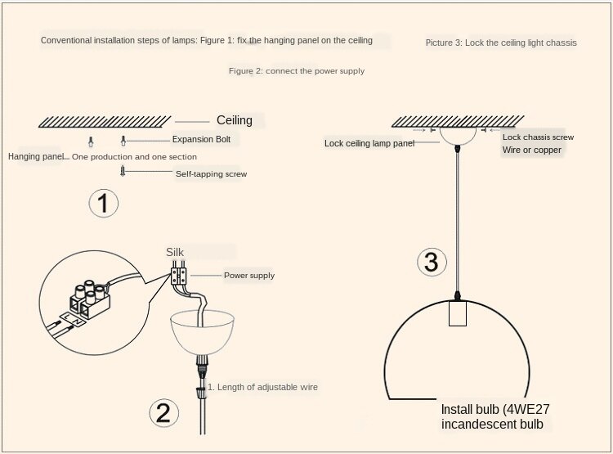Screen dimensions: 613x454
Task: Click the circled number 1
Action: click(x=103, y=203)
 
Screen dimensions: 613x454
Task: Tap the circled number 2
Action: click(x=163, y=413)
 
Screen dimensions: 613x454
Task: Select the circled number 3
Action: click(x=432, y=262)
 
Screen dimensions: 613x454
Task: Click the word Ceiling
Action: click(x=235, y=120)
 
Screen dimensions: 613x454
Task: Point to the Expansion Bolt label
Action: click(x=201, y=139)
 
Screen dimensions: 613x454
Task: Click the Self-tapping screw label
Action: click(x=211, y=173)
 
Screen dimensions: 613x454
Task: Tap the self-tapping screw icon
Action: click(x=123, y=171)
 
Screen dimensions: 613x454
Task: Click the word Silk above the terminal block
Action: click(x=175, y=252)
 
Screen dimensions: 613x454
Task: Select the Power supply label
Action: click(x=249, y=276)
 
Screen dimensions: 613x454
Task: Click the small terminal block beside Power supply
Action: click(x=179, y=276)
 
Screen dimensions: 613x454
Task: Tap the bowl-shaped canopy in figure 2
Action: click(x=202, y=332)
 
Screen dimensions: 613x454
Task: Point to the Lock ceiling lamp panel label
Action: click(x=369, y=143)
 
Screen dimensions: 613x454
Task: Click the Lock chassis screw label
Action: click(x=538, y=137)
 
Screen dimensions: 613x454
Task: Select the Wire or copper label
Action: click(x=532, y=150)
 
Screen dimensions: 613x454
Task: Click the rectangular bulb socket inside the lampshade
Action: click(x=458, y=313)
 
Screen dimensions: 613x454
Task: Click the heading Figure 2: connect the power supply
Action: click(x=297, y=71)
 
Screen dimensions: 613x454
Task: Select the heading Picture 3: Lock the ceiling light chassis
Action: click(x=501, y=43)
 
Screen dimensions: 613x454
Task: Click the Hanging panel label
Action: click(x=36, y=156)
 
